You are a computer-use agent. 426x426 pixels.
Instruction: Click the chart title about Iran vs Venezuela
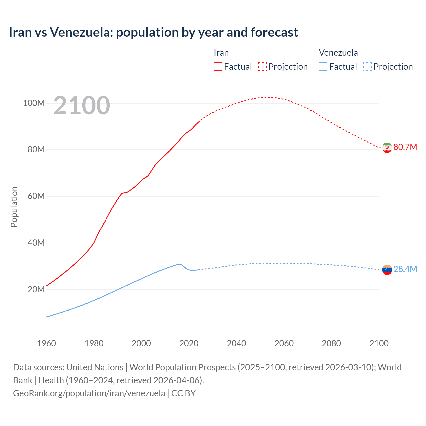coord(153,32)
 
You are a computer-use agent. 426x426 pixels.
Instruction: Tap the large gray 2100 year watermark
coord(82,106)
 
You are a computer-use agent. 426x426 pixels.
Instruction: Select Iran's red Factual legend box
coord(218,66)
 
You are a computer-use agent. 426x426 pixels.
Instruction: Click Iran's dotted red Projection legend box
coord(262,66)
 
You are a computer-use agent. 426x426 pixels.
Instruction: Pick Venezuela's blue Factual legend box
coord(323,66)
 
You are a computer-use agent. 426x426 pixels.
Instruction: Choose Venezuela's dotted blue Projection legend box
coord(368,66)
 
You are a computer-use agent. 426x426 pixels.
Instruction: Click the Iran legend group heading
coord(221,53)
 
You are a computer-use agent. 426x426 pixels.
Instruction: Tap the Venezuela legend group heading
coord(338,53)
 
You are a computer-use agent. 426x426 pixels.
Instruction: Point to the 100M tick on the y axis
coord(34,103)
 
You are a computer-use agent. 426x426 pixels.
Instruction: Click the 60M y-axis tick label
coord(36,196)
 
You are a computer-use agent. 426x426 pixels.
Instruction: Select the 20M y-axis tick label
coord(36,289)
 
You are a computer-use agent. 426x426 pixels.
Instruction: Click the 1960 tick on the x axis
coord(46,343)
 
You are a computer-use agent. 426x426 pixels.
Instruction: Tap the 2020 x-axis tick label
coord(189,343)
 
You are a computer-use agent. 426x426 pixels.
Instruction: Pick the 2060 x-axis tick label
coord(284,343)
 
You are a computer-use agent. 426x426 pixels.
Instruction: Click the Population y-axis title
coord(14,207)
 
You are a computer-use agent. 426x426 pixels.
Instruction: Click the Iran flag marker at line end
coord(387,147)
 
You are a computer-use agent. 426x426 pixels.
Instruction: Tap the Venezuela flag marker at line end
coord(387,270)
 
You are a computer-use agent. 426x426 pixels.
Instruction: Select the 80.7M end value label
coord(405,147)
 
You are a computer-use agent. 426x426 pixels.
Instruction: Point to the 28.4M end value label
coord(405,269)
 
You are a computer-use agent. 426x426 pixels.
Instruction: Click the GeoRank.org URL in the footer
coord(89,393)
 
